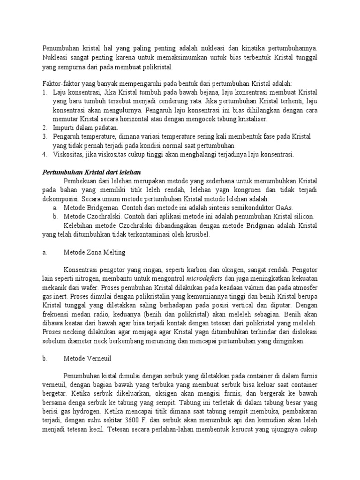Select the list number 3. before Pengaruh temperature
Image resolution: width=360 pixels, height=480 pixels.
[45, 136]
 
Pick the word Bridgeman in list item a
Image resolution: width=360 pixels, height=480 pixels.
[101, 208]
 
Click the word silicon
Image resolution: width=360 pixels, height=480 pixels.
[303, 217]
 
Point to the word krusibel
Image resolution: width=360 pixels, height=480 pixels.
[196, 234]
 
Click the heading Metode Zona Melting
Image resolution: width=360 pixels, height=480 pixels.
[94, 252]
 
